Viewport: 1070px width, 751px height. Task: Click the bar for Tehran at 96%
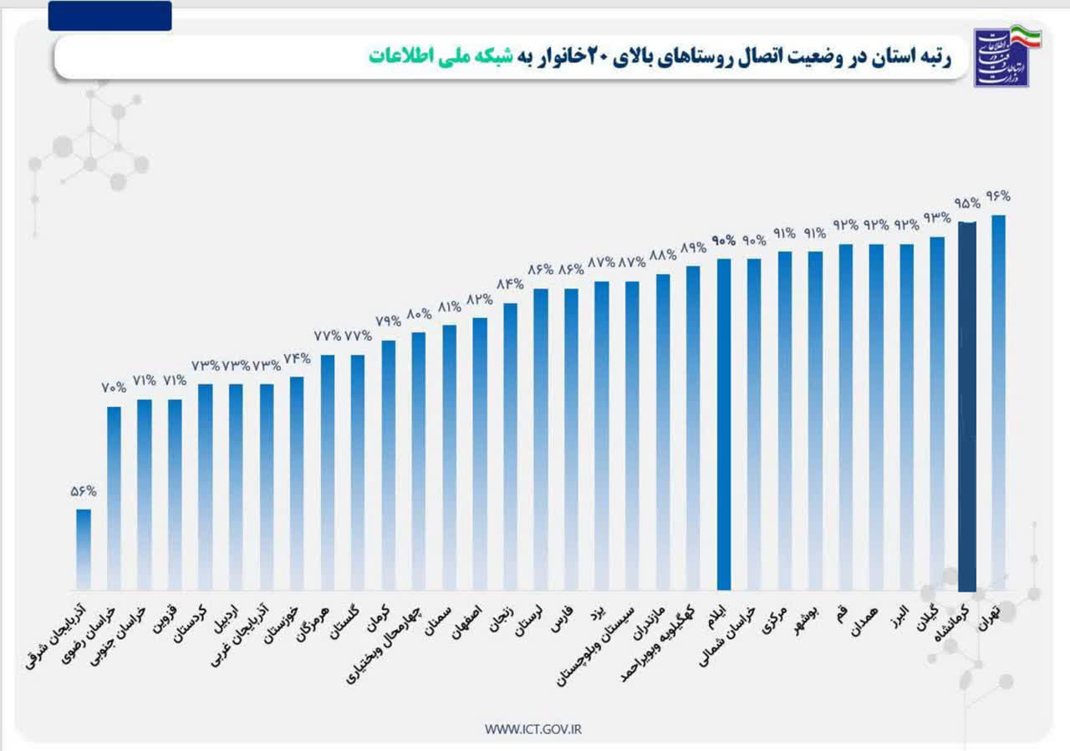[x=998, y=401]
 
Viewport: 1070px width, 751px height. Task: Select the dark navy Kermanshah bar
[x=967, y=405]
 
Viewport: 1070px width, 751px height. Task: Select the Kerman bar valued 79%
[x=389, y=464]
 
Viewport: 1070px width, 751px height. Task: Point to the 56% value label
[x=84, y=492]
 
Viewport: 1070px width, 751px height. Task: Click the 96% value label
[x=998, y=196]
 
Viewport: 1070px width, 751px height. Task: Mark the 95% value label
[x=967, y=203]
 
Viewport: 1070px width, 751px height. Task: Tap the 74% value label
[x=297, y=359]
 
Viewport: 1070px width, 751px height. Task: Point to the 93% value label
[x=937, y=218]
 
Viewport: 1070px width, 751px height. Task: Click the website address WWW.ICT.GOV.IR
[x=533, y=729]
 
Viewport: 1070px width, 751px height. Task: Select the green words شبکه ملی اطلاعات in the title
[x=434, y=57]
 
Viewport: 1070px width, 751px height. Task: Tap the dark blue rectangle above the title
[x=110, y=16]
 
